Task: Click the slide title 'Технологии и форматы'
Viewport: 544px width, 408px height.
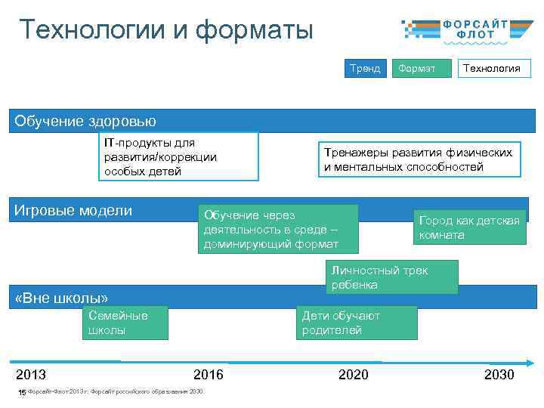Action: pos(165,30)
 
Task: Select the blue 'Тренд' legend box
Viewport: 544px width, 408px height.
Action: pos(365,68)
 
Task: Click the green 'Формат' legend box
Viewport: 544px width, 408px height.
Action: pos(416,68)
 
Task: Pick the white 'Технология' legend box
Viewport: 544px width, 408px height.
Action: pos(491,68)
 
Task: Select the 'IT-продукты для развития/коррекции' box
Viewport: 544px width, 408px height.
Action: pos(181,157)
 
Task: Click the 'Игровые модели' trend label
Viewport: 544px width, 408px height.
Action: pos(73,211)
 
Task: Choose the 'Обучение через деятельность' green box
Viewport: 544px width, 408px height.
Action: pos(277,229)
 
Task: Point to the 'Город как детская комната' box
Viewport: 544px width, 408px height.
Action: pos(469,227)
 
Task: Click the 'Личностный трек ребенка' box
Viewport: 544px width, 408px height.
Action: pos(391,277)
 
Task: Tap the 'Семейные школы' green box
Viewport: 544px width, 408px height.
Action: pos(125,323)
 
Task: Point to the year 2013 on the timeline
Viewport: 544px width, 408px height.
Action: pos(31,375)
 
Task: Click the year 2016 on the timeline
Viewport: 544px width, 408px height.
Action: pos(209,375)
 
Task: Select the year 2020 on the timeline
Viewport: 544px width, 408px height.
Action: pos(354,375)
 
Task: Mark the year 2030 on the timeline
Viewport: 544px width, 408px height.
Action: pos(499,375)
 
